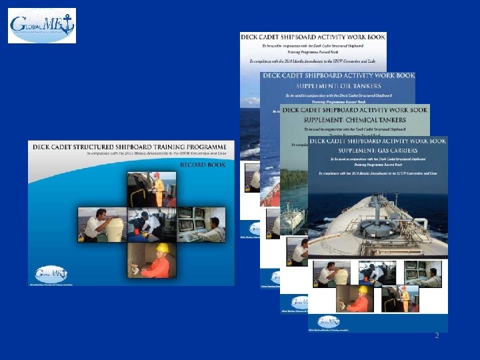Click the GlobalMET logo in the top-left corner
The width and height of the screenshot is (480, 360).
click(42, 25)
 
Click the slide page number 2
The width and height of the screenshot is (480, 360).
click(437, 335)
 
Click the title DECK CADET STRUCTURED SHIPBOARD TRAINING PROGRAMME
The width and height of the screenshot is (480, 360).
click(131, 145)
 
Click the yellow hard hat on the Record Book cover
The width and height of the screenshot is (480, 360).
click(162, 248)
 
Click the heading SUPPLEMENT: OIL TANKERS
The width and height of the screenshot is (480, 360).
click(339, 86)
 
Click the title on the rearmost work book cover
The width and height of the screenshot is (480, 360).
click(313, 37)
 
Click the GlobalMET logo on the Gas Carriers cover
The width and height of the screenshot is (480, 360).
click(328, 321)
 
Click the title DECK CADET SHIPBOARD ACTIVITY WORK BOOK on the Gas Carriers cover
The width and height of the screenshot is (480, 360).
click(377, 141)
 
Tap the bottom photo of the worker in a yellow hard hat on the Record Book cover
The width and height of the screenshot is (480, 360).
click(153, 259)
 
